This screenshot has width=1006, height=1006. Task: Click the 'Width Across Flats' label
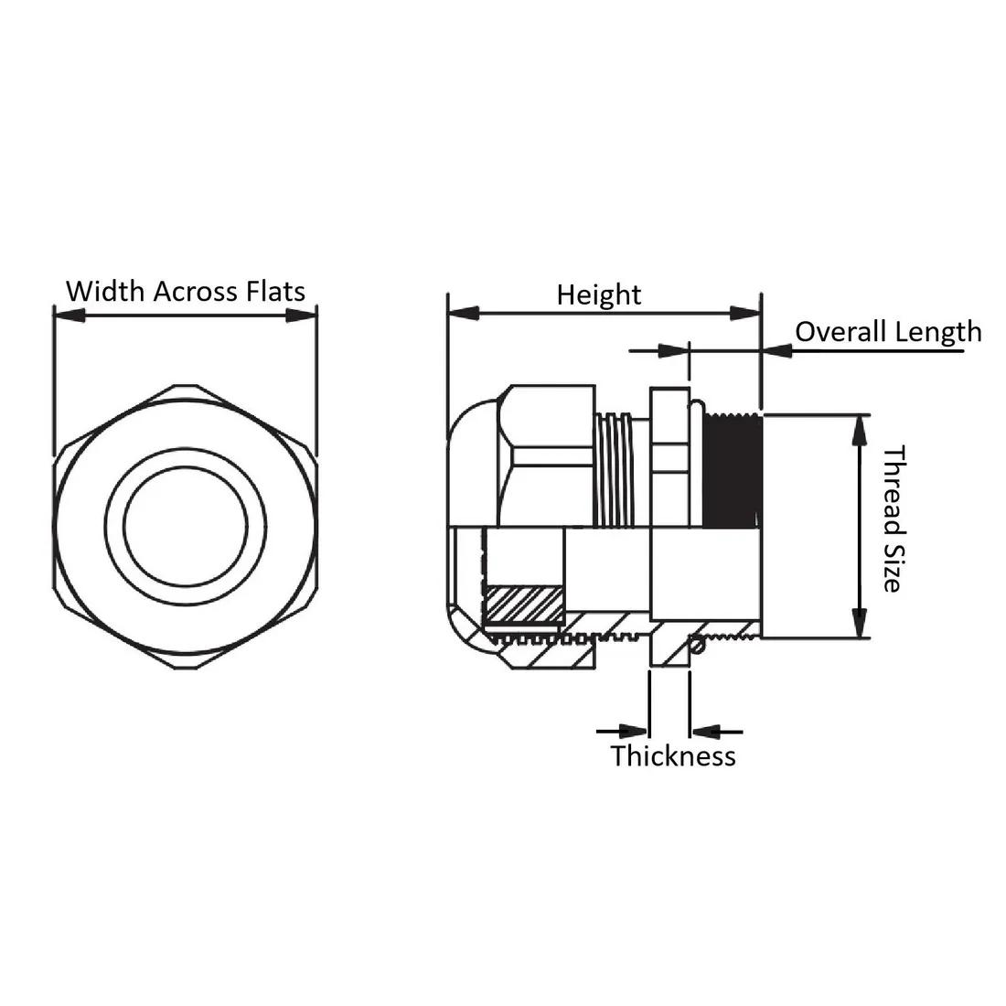point(186,291)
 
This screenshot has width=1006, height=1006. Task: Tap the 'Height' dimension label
point(599,295)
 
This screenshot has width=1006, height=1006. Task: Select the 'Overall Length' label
point(889,332)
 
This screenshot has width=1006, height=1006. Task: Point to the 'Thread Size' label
point(894,519)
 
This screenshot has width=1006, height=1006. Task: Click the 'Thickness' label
point(673,755)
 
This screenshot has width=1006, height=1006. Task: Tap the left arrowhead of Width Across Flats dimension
point(70,315)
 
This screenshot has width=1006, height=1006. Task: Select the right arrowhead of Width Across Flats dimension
point(301,315)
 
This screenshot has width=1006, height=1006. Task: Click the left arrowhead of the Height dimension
point(464,313)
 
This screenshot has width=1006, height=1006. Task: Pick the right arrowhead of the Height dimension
point(745,313)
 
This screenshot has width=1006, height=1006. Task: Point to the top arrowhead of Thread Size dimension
point(860,430)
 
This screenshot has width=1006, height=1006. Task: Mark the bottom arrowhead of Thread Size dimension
point(860,623)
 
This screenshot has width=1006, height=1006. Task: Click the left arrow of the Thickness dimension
point(622,731)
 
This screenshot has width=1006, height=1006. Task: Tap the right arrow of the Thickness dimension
point(717,731)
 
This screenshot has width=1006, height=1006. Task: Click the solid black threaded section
point(732,471)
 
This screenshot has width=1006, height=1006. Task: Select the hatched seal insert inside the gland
point(525,605)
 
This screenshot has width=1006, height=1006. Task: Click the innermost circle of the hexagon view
point(186,526)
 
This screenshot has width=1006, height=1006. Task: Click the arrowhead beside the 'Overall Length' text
point(777,351)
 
